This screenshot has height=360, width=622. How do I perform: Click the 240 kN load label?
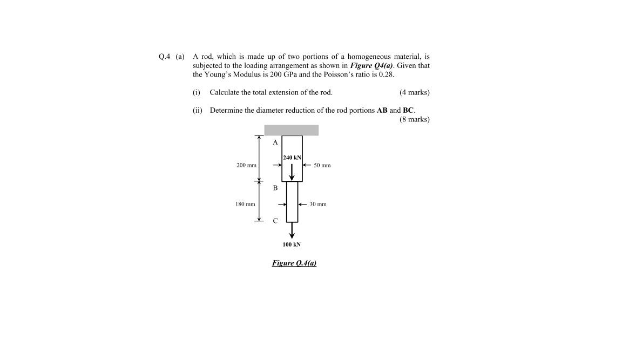click(292, 158)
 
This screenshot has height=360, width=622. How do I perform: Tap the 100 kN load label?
click(292, 244)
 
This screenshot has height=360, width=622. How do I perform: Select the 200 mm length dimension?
click(246, 165)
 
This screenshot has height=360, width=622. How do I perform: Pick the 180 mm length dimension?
click(245, 204)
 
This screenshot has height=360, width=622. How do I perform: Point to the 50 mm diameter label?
click(322, 165)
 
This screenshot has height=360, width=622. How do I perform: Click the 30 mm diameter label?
click(318, 205)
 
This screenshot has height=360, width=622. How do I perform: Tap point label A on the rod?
click(275, 142)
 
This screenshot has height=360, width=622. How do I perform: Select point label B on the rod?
click(275, 188)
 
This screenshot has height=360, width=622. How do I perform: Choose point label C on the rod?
click(275, 220)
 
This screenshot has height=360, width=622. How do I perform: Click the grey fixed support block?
click(291, 130)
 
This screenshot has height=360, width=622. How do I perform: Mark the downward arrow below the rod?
click(292, 230)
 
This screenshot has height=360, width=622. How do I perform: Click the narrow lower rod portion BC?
click(292, 201)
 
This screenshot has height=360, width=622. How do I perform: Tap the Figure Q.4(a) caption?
click(294, 263)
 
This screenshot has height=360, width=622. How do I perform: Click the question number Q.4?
click(165, 56)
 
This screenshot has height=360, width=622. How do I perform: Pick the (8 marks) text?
click(414, 119)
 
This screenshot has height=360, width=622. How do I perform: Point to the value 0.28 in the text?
click(378, 74)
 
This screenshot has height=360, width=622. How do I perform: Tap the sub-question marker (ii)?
click(197, 110)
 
